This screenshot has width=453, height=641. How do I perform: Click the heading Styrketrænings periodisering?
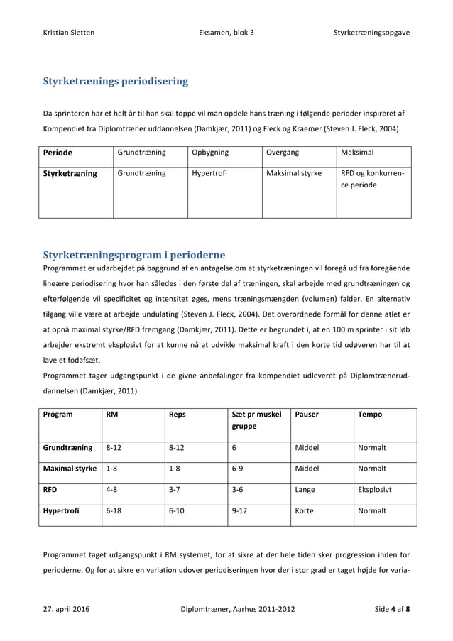(x=116, y=81)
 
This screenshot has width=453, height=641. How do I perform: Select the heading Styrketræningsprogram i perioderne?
(x=134, y=254)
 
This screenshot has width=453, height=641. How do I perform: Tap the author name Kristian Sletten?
(x=69, y=33)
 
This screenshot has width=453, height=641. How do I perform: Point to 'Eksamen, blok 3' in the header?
(x=226, y=33)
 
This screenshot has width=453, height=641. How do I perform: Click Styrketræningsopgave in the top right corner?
(x=371, y=33)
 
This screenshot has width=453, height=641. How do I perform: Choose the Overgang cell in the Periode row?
(x=283, y=152)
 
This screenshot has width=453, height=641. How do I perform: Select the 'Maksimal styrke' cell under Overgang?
(x=294, y=172)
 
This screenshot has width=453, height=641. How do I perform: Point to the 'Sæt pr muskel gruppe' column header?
(x=257, y=420)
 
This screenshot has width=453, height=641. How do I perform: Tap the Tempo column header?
(x=370, y=414)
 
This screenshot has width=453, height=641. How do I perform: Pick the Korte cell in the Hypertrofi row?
(x=304, y=510)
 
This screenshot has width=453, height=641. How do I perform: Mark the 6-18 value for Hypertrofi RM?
(x=113, y=510)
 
